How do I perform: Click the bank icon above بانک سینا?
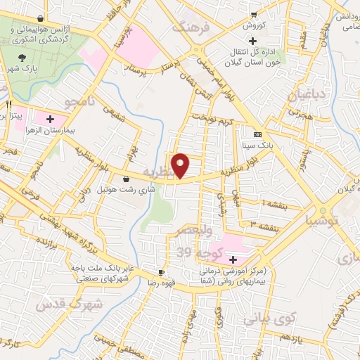point(257,134)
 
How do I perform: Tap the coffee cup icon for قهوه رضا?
point(161,272)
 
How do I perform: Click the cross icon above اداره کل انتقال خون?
point(252,41)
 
